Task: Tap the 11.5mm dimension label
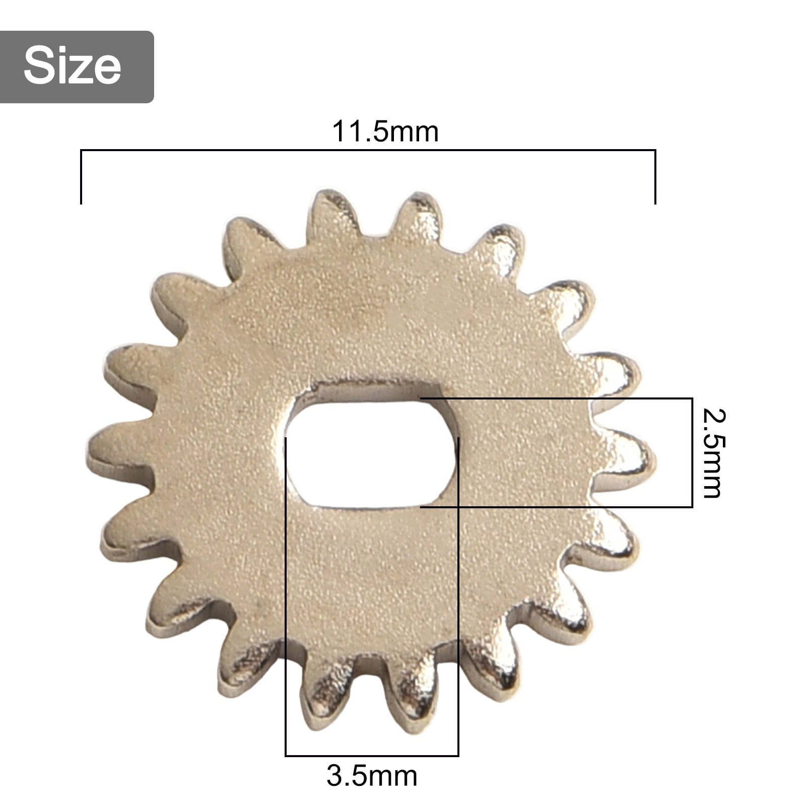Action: click(385, 132)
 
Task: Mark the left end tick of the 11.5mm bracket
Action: click(81, 176)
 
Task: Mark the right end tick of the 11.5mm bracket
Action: click(655, 176)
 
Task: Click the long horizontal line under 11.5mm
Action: click(368, 150)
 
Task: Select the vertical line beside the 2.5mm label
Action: click(692, 453)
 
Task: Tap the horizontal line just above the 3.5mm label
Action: click(372, 756)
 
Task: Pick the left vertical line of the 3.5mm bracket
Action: click(286, 604)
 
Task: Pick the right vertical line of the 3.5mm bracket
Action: click(458, 604)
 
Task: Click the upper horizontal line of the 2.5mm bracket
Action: click(554, 398)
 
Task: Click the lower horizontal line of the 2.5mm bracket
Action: click(554, 507)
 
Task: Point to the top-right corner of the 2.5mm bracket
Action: click(692, 398)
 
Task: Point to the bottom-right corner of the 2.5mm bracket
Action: click(692, 507)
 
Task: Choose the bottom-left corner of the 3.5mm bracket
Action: click(286, 756)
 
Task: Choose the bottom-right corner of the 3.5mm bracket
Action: click(458, 756)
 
